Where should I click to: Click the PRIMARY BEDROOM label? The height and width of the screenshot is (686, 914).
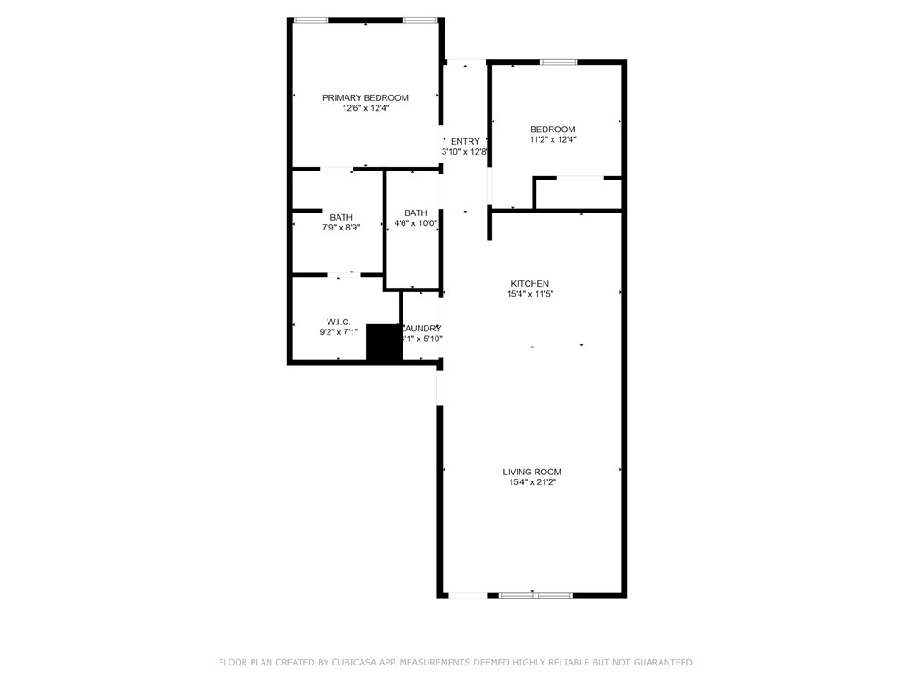coord(365,97)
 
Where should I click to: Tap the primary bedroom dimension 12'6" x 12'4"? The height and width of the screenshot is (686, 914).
coord(365,108)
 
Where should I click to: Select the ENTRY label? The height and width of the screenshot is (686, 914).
coord(465,141)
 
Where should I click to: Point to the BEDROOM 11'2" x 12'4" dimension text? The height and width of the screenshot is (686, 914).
coord(553,139)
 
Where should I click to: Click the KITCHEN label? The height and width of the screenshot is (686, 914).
coord(529,283)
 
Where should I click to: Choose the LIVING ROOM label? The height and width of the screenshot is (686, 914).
coord(532,472)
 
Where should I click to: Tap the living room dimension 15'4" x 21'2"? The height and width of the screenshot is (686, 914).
coord(532,482)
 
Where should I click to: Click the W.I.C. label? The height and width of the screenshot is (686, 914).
coord(338,322)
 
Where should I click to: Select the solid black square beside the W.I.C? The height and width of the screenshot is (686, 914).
coord(385,343)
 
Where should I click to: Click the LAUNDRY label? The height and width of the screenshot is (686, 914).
coord(421,328)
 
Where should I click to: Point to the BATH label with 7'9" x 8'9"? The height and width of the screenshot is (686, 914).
coord(341,217)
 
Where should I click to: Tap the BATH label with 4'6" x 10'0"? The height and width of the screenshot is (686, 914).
coord(415,213)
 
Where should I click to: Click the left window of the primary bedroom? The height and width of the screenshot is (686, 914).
coord(311,20)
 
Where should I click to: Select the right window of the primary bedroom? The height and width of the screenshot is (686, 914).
coord(419,20)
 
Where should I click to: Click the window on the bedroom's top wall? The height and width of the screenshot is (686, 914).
coord(559,62)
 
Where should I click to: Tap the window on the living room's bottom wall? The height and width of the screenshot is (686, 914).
coord(536,595)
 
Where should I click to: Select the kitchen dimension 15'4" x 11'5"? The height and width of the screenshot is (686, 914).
coord(529,294)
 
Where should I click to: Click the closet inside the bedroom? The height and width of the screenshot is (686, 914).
coord(578,193)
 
